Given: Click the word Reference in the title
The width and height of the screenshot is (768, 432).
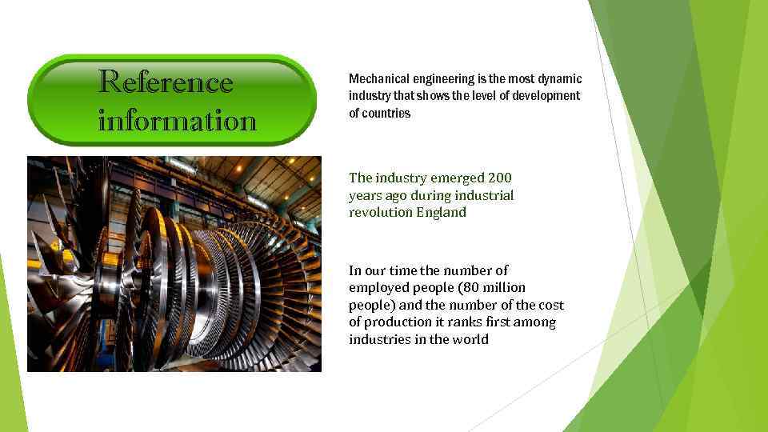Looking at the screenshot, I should pyautogui.click(x=166, y=82).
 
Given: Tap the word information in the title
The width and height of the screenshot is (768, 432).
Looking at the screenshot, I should pyautogui.click(x=177, y=121).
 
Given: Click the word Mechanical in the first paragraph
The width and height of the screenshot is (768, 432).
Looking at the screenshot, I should pyautogui.click(x=378, y=78).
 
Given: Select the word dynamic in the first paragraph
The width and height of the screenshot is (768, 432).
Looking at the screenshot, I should pyautogui.click(x=560, y=78).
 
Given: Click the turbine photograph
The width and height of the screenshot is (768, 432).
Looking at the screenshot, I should pyautogui.click(x=174, y=264).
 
